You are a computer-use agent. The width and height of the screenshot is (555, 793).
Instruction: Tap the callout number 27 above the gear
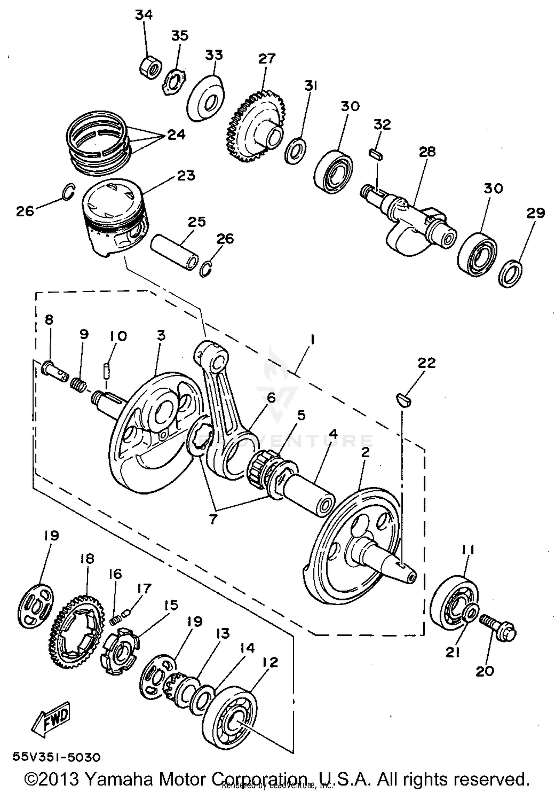(x=267, y=58)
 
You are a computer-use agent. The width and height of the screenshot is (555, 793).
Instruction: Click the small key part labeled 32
(x=376, y=155)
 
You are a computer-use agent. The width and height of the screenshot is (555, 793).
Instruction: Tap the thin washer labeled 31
(x=295, y=151)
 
